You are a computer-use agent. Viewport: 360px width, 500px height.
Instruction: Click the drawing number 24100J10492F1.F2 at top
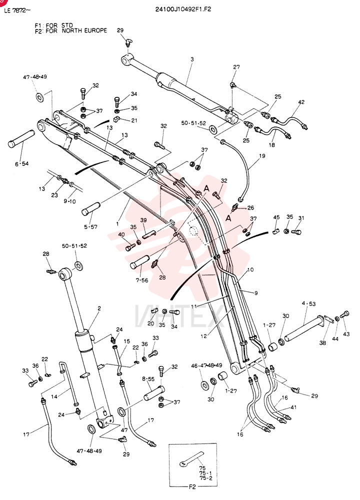(x=183, y=9)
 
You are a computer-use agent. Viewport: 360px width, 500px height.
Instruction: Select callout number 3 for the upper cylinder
(x=192, y=59)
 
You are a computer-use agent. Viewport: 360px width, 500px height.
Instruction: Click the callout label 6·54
(x=21, y=164)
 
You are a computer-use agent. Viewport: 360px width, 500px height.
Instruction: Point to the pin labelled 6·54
(x=20, y=138)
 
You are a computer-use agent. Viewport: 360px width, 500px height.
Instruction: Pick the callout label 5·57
(x=91, y=227)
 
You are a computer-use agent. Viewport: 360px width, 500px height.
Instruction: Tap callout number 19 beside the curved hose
(x=262, y=156)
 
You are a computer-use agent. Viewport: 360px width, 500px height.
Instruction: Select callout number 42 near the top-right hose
(x=301, y=102)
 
